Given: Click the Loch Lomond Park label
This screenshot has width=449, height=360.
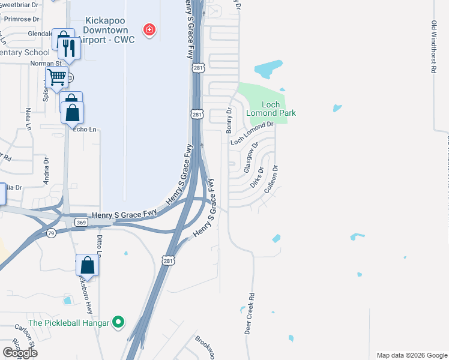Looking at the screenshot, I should tap(271, 109).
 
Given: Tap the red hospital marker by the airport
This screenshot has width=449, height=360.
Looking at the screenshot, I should tap(148, 29).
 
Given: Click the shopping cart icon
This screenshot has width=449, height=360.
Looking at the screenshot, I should tap(56, 77).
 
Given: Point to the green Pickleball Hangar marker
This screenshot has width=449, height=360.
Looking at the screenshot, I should tap(119, 323).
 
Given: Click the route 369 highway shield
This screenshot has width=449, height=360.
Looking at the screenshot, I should tap(81, 223).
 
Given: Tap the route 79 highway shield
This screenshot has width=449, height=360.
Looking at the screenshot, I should tap(52, 233).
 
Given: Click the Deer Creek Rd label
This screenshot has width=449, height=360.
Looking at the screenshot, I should tap(252, 313).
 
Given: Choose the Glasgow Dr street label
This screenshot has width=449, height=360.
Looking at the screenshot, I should tap(252, 157).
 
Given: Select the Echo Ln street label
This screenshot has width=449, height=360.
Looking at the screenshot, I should tap(84, 130).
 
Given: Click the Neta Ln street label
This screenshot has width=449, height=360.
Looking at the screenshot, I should tap(28, 119).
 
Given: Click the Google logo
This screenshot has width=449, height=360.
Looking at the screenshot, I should tap(20, 353).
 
